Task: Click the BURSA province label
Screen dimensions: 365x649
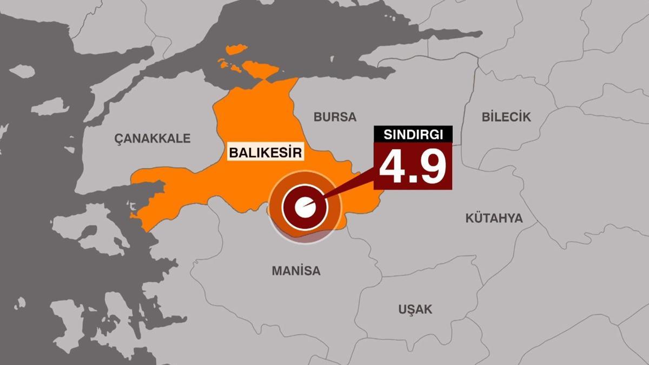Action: point(335,117)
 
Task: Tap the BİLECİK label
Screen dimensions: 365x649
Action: point(506,117)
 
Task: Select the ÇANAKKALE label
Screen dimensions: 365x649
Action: point(153,138)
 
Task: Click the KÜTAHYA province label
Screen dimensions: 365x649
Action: point(494,218)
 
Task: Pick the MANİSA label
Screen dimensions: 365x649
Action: point(296,271)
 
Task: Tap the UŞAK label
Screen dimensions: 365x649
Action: point(415,310)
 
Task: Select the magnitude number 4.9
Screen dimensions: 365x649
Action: point(413,165)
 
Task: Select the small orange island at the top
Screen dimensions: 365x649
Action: point(236,50)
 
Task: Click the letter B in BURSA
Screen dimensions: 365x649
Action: point(318,117)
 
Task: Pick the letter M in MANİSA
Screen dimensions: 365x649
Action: point(276,271)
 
